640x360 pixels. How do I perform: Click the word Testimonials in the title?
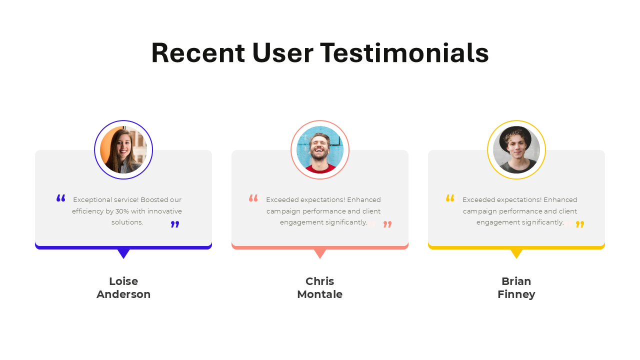coord(404,53)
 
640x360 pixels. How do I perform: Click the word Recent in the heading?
coord(198,53)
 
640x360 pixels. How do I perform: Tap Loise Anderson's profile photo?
coord(123,150)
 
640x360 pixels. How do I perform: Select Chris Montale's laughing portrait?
coord(320,150)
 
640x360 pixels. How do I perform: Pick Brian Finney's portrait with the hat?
coord(516,150)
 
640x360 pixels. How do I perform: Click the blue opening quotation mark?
coord(61,198)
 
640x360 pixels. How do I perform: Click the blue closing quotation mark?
coord(174,224)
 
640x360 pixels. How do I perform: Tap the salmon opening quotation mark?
coord(253,198)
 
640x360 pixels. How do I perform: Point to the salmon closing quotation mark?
coord(387,224)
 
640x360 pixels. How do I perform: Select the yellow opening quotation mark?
coord(450,198)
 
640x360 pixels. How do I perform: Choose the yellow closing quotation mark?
coord(580,224)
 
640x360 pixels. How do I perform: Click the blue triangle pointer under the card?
coord(123,253)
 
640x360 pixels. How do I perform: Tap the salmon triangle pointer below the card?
coord(320,253)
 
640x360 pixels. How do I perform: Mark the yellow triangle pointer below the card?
coord(516,253)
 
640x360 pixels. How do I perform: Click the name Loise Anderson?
coord(123,288)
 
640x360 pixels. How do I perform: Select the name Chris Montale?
coord(320,288)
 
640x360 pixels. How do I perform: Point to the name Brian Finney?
coord(516,288)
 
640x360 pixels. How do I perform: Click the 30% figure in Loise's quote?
coord(122,211)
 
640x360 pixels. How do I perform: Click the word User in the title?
coord(282,53)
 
